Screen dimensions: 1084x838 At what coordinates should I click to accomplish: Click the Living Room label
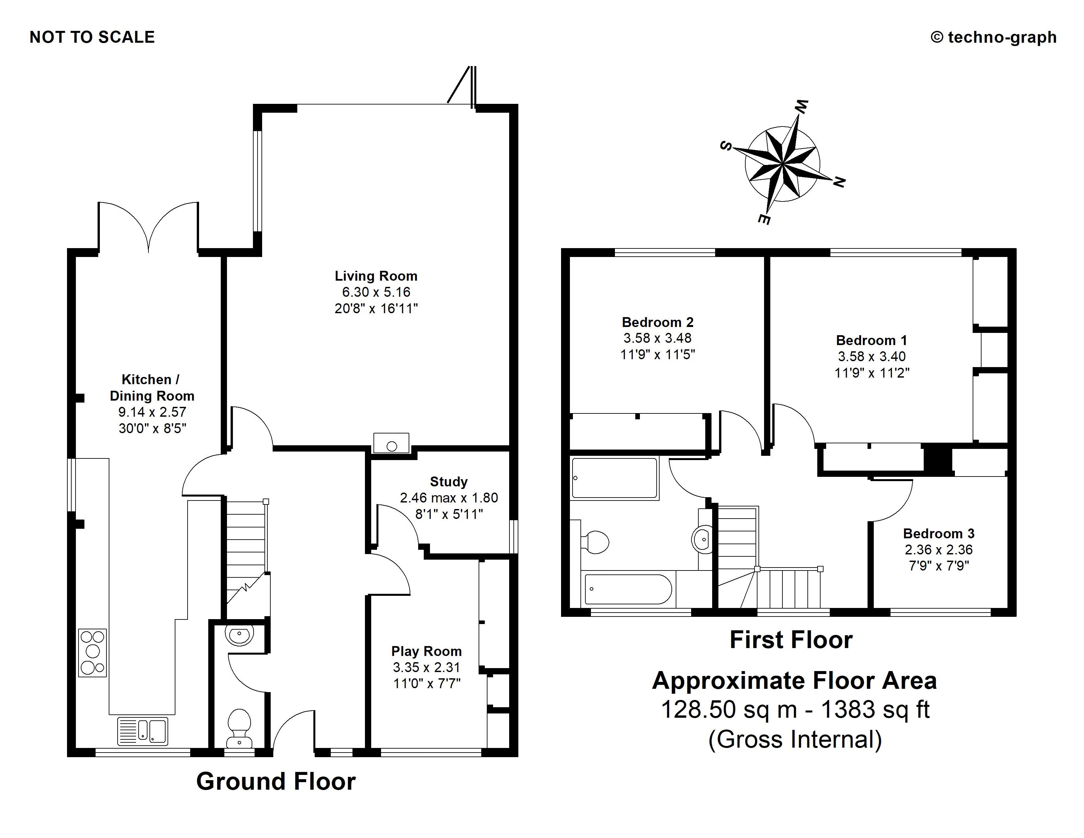click(376, 276)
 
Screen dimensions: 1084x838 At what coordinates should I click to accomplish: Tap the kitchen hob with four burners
click(92, 652)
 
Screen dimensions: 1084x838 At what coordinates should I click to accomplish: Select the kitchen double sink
click(143, 731)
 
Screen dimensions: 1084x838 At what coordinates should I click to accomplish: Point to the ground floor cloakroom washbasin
click(239, 635)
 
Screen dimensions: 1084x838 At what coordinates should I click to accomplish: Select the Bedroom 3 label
click(938, 534)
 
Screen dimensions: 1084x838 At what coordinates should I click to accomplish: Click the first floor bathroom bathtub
click(628, 589)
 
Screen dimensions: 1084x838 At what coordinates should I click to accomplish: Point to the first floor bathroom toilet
click(595, 542)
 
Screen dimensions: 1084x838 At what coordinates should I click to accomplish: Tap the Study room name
click(449, 481)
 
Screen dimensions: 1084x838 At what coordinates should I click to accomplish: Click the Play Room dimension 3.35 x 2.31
click(426, 667)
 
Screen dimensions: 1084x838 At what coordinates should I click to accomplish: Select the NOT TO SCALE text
click(92, 37)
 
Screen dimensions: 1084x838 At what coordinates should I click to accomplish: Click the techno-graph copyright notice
click(994, 37)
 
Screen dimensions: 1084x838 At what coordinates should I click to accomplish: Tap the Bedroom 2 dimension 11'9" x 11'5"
click(658, 355)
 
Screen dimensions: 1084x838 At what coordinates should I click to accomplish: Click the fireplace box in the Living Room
click(392, 443)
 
